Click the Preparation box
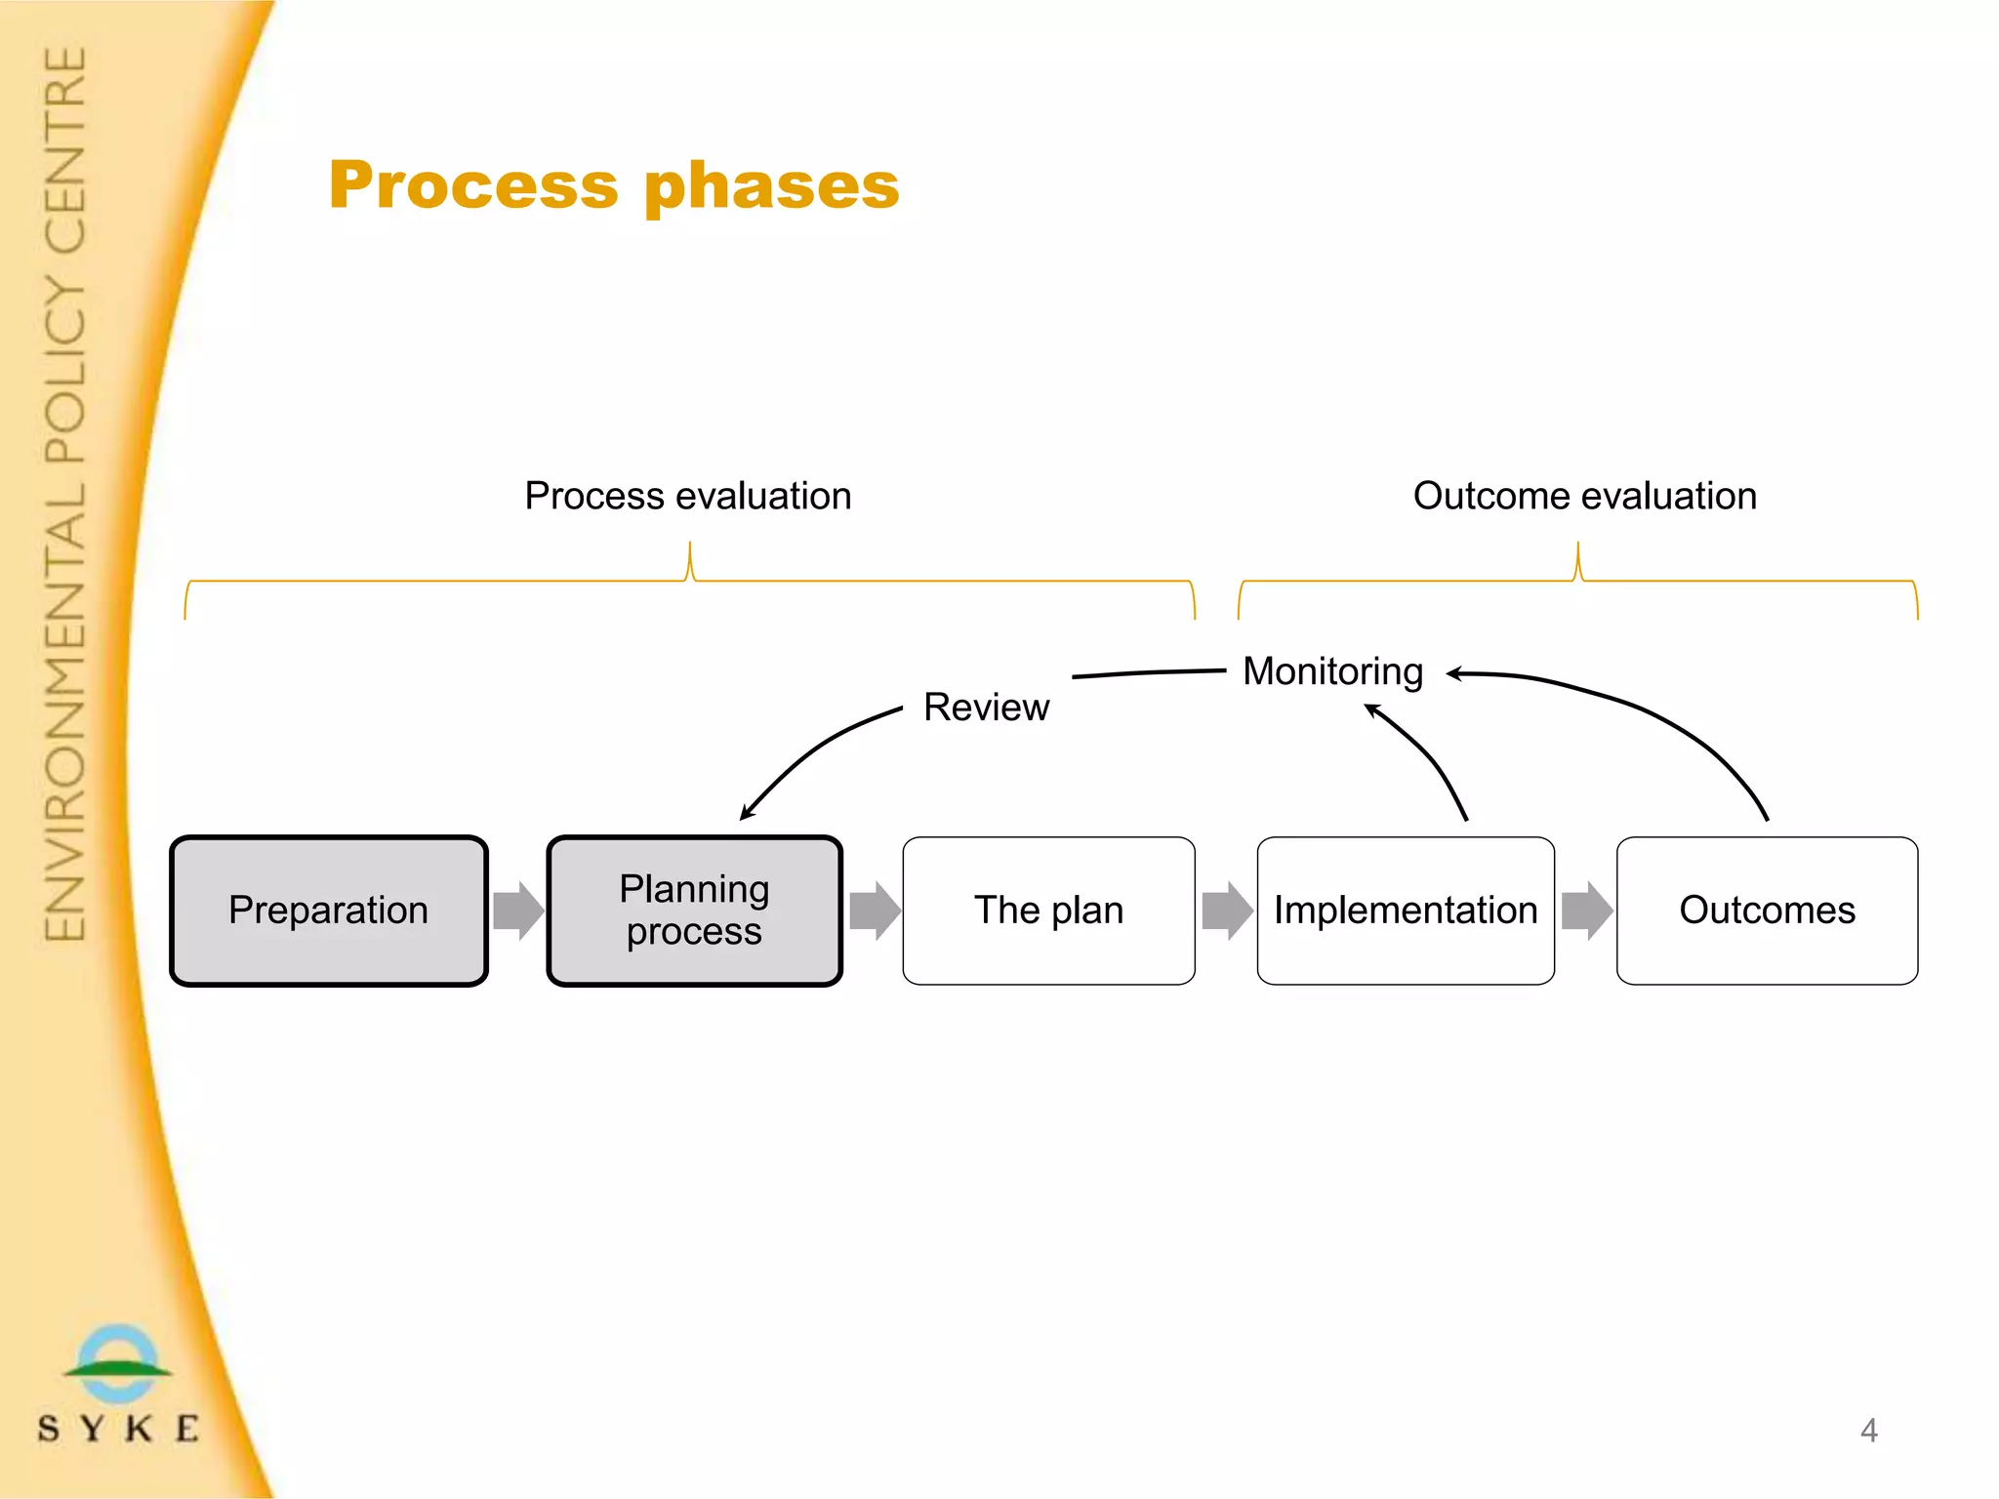pyautogui.click(x=328, y=911)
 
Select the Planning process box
pyautogui.click(x=694, y=911)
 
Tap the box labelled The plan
pyautogui.click(x=1048, y=911)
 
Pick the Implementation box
pyautogui.click(x=1406, y=911)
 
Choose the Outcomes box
pyautogui.click(x=1767, y=911)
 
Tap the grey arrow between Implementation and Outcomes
pyautogui.click(x=1587, y=911)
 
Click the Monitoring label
pyautogui.click(x=1332, y=671)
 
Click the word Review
pyautogui.click(x=986, y=708)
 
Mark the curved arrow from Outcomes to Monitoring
pyautogui.click(x=1659, y=711)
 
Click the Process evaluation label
pyautogui.click(x=688, y=496)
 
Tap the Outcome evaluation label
pyautogui.click(x=1584, y=496)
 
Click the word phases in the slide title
pyautogui.click(x=771, y=185)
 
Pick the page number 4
pyautogui.click(x=1868, y=1431)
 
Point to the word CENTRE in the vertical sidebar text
pyautogui.click(x=66, y=151)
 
